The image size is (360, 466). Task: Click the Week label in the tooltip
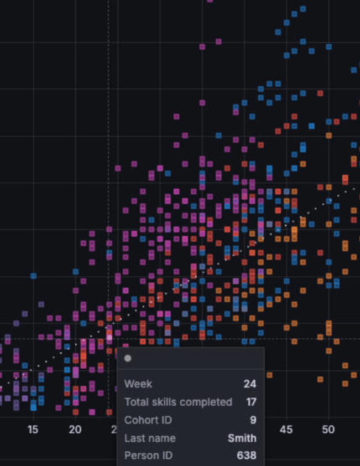138,384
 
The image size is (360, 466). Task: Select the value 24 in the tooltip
249,384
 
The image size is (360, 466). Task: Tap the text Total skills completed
178,402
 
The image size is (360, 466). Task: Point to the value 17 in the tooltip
251,402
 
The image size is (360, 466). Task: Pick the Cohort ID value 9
253,420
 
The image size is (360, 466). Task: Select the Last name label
150,438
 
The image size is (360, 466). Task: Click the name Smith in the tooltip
242,438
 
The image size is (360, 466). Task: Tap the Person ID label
148,455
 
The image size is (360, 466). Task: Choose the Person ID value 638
246,455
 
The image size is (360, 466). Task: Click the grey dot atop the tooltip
128,358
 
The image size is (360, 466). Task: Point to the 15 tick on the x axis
33,429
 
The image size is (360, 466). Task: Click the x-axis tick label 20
75,429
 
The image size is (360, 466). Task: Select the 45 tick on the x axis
286,429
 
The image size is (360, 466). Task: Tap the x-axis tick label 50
328,429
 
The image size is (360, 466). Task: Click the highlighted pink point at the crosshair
109,337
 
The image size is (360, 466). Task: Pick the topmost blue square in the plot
302,9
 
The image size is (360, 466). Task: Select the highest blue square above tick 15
33,276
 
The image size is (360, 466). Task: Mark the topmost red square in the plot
320,94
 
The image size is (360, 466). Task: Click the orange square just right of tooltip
269,375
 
